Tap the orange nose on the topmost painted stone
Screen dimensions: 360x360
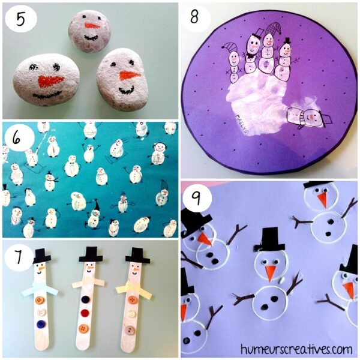(91, 26)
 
